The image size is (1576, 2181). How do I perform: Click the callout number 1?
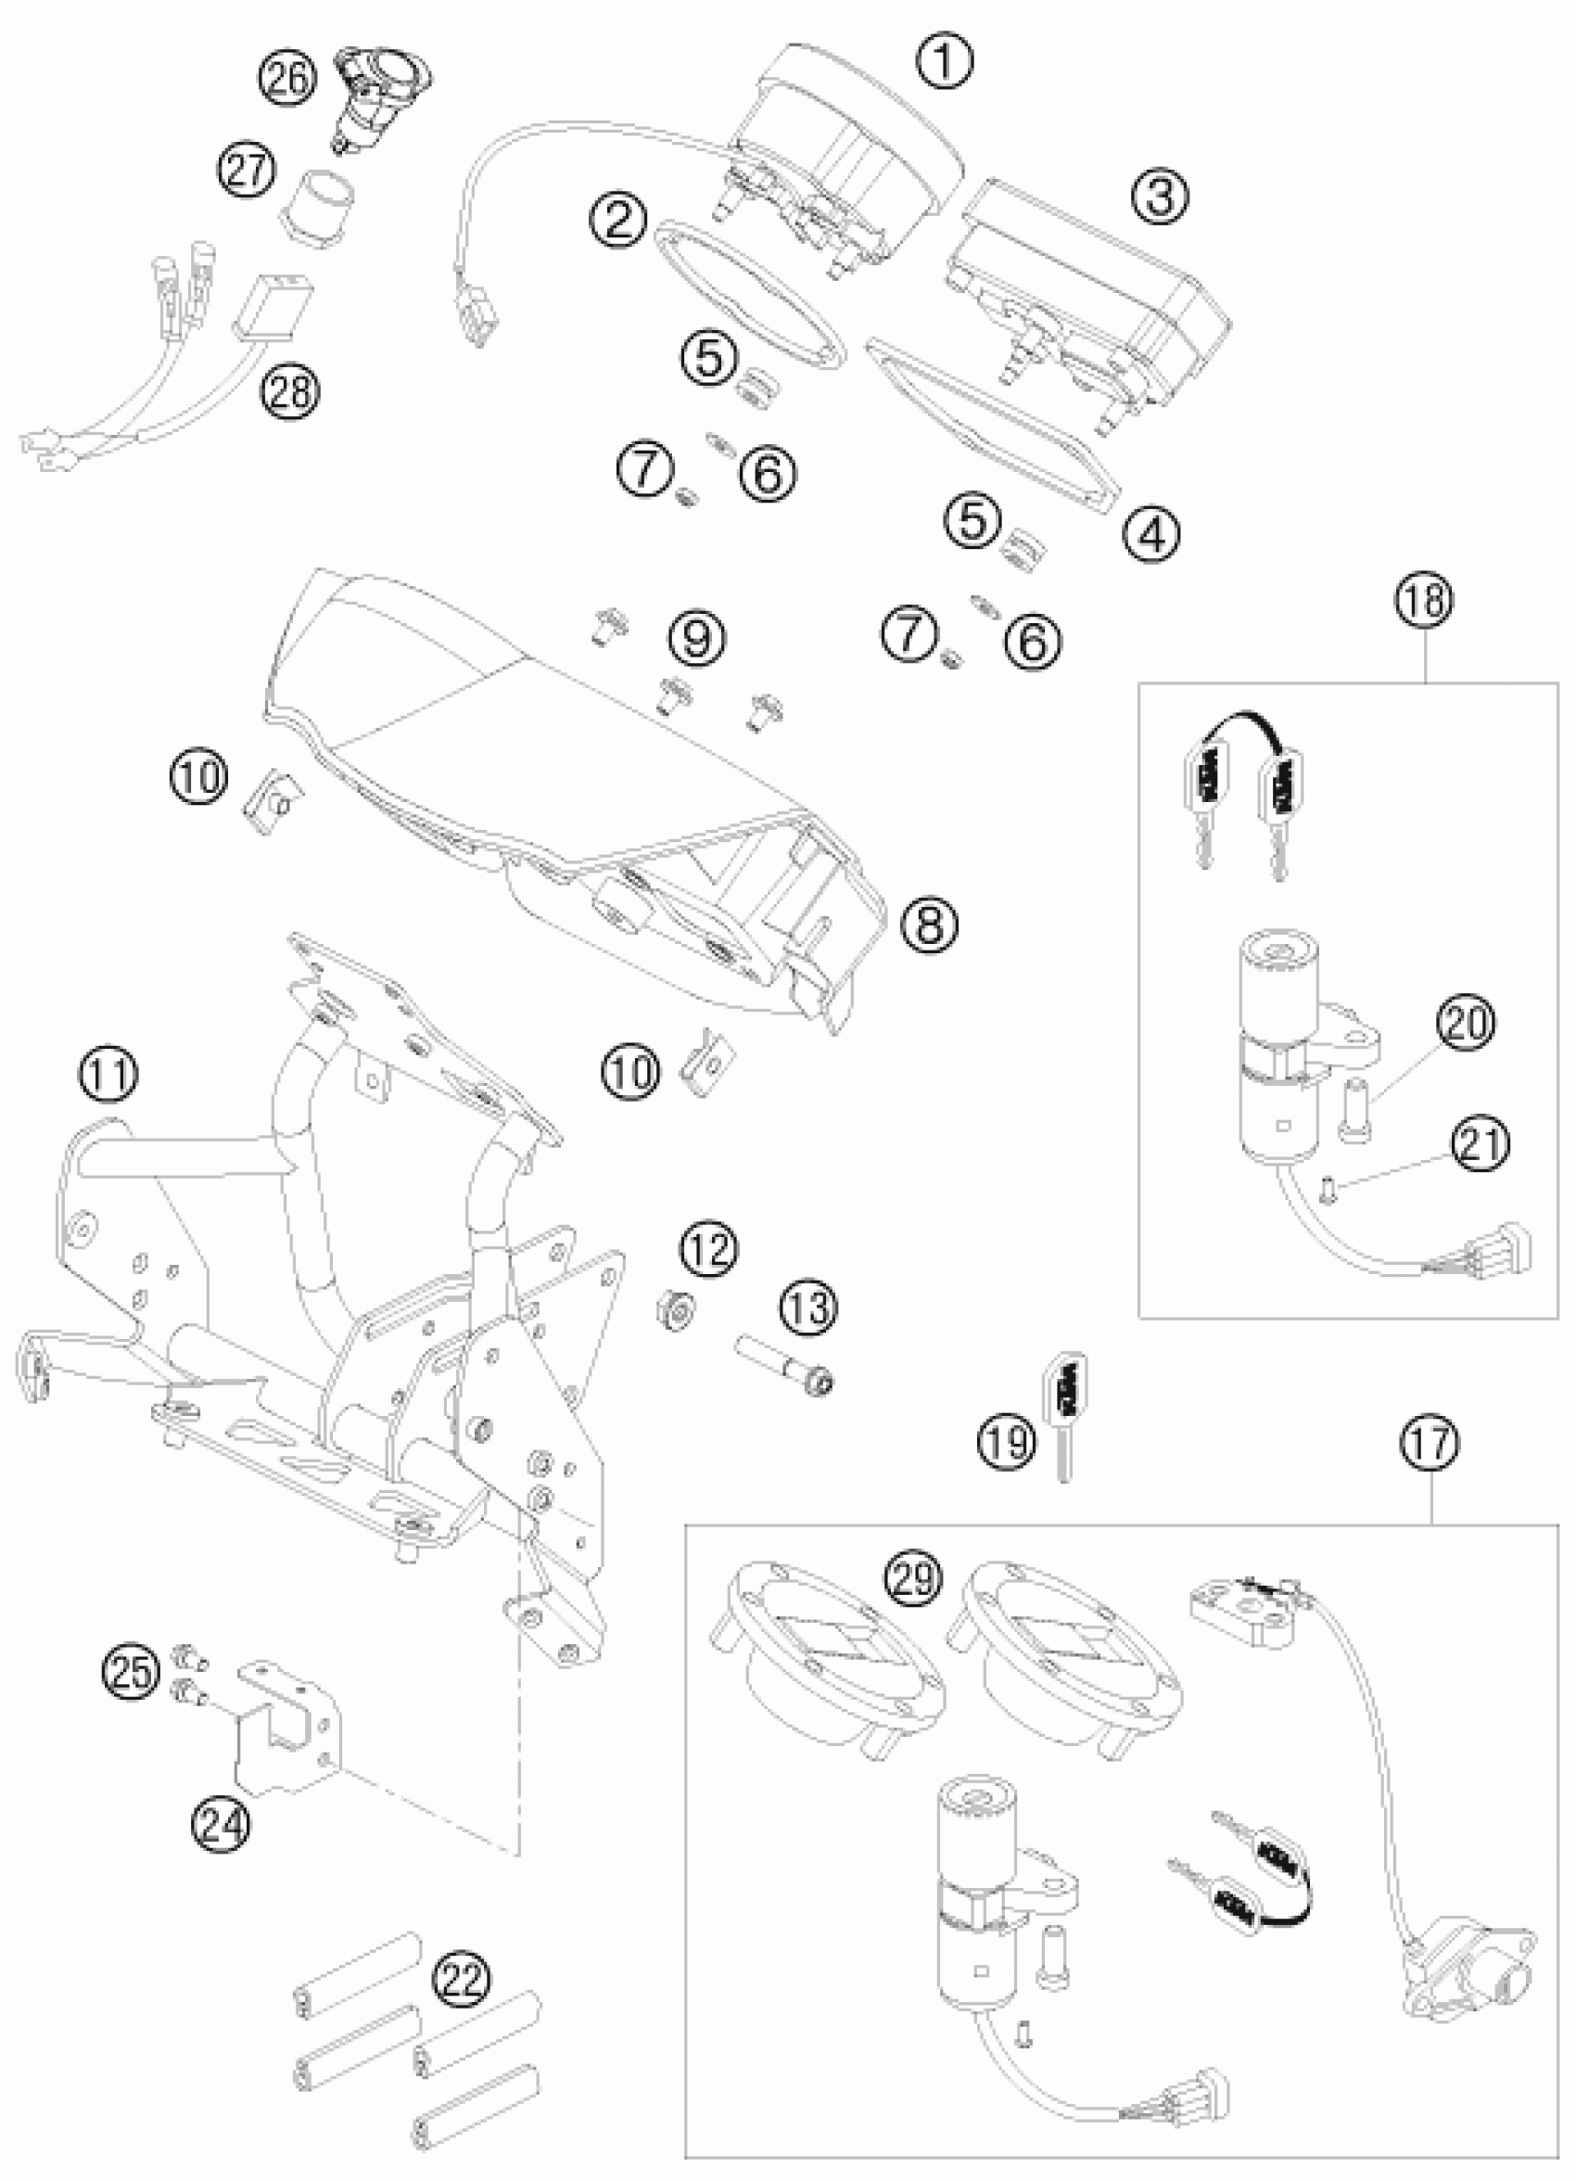point(945,60)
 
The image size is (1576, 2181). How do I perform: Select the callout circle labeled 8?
point(929,925)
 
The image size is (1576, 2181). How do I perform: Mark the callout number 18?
point(1426,600)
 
